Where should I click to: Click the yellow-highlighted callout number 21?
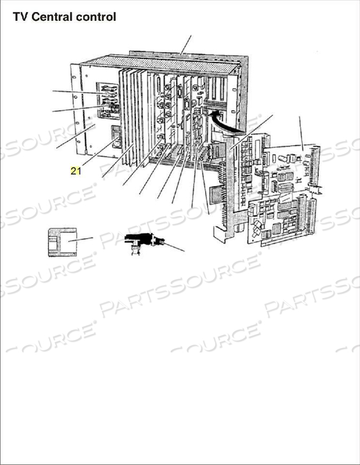[x=75, y=171]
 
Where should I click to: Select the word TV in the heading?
[x=20, y=17]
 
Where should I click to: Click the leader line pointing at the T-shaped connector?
[x=174, y=247]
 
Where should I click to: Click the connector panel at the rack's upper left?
[x=108, y=101]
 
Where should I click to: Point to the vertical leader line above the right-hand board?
[x=301, y=132]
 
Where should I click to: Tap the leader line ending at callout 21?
[x=98, y=153]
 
